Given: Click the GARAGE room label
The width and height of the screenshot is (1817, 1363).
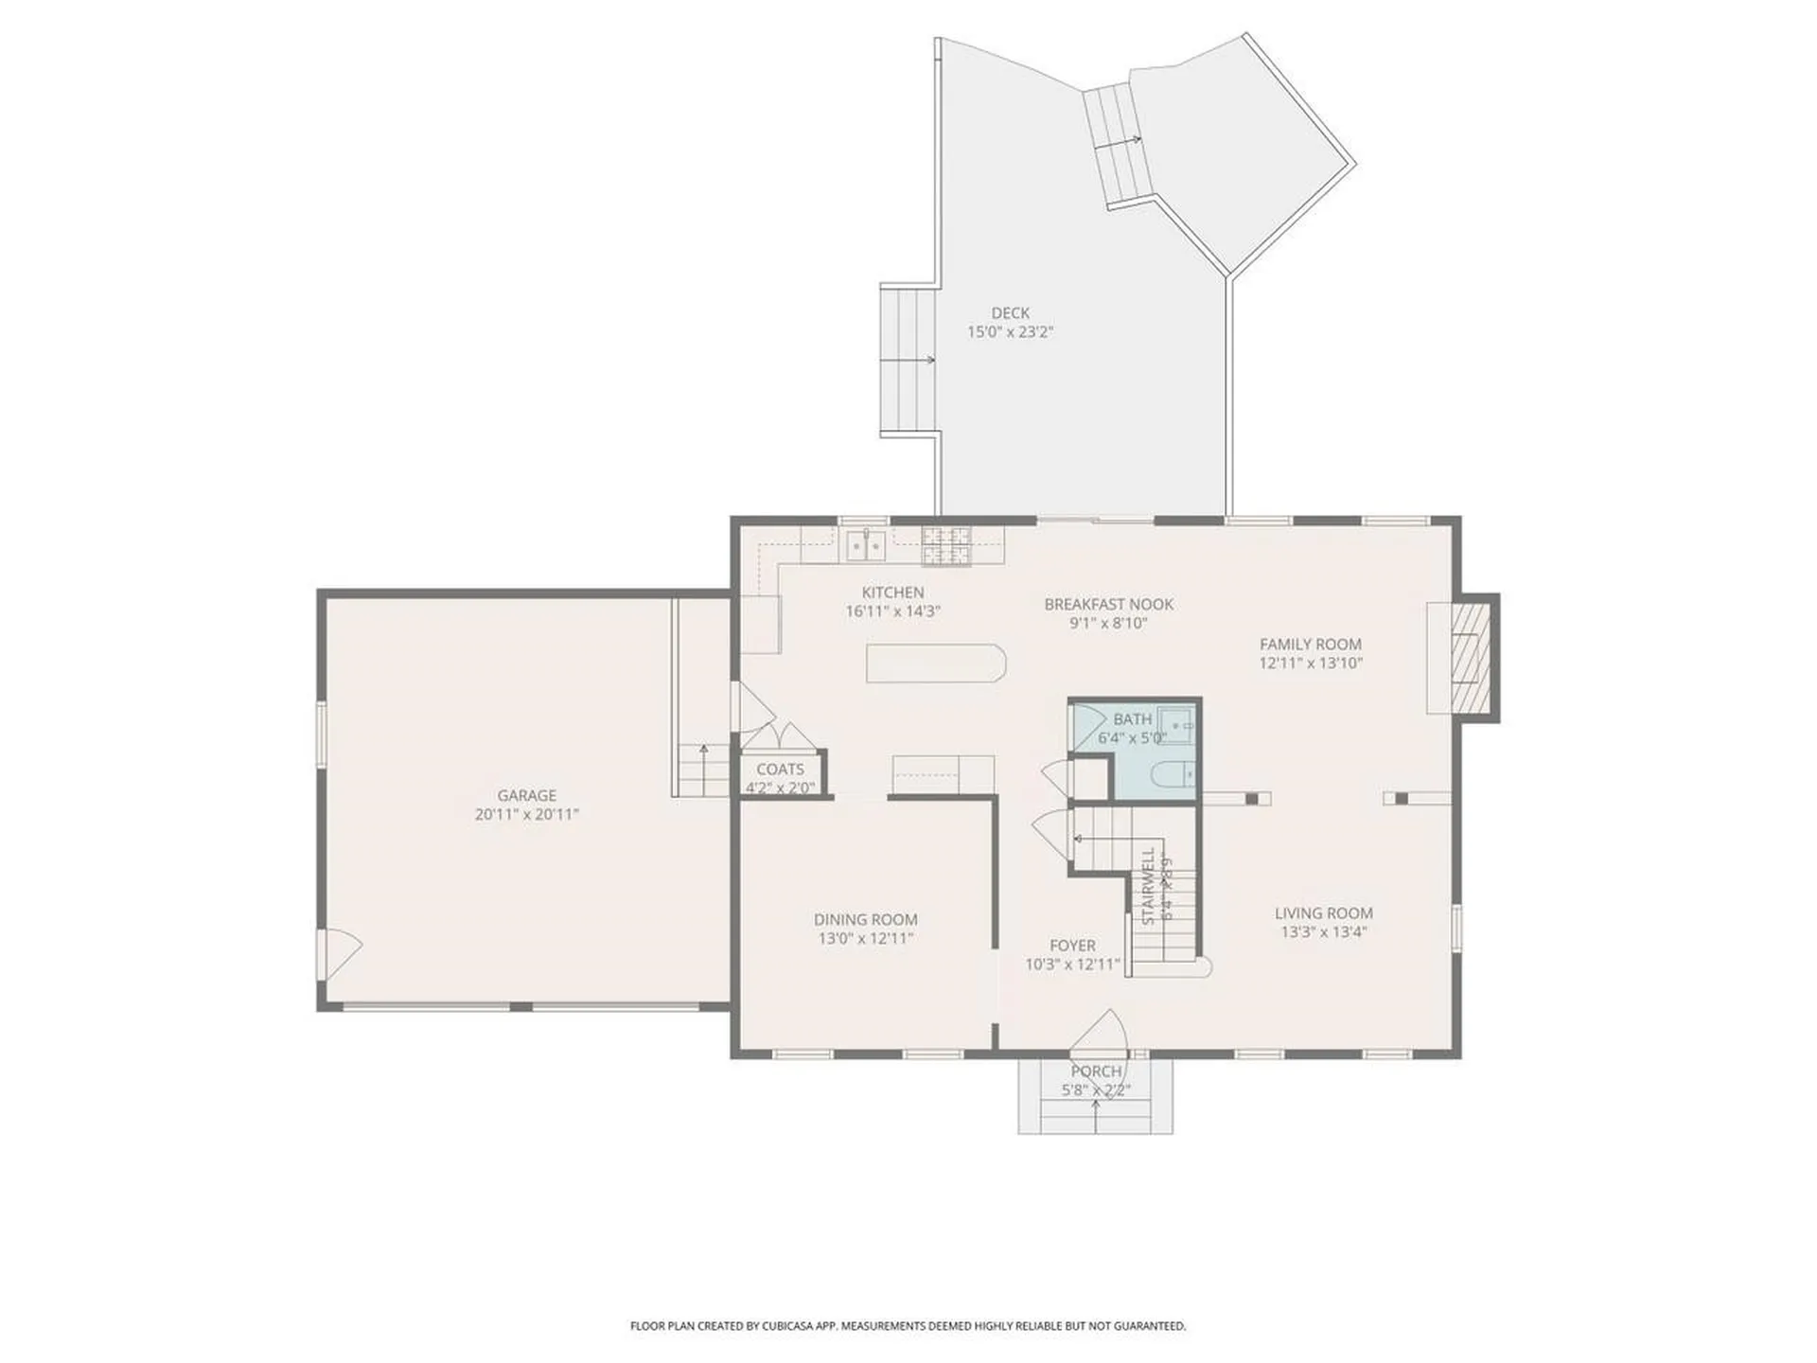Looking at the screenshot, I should (526, 795).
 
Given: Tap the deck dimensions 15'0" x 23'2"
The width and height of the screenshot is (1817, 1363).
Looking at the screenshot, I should (1010, 332).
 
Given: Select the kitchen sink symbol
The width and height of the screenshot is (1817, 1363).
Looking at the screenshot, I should (866, 545).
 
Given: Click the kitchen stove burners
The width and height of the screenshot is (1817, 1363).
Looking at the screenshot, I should (947, 546).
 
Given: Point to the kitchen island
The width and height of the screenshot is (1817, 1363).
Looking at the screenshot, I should (935, 663).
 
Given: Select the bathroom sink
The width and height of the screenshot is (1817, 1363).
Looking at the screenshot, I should (1179, 725).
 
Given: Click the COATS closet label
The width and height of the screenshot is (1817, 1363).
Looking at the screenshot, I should (780, 770).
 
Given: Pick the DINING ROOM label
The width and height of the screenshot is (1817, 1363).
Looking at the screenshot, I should (865, 919).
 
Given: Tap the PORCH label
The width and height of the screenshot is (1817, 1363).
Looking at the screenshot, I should (1096, 1071).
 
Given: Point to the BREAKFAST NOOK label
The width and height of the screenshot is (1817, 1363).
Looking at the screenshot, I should (1108, 604).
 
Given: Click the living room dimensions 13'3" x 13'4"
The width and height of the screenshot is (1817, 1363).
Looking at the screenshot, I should (1323, 932).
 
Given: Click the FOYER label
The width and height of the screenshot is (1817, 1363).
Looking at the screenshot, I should (1072, 946).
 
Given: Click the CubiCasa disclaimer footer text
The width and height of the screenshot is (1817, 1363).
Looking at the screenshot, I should (908, 1326).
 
